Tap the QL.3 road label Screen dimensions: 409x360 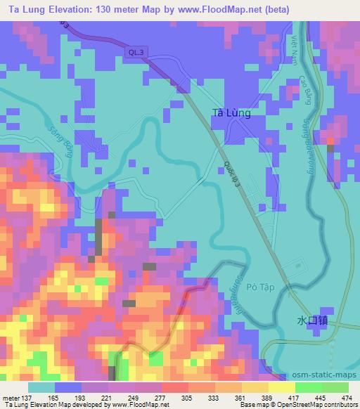[x=138, y=52]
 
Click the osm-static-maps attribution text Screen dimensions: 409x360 [x=325, y=375]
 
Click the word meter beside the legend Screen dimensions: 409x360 [x=12, y=399]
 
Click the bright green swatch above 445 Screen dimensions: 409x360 [x=308, y=387]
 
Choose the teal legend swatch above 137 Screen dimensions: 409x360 [x=41, y=387]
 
